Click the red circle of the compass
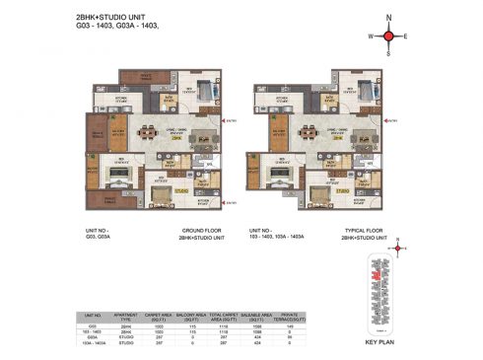388,36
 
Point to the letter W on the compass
371,36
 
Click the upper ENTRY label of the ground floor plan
231,121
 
